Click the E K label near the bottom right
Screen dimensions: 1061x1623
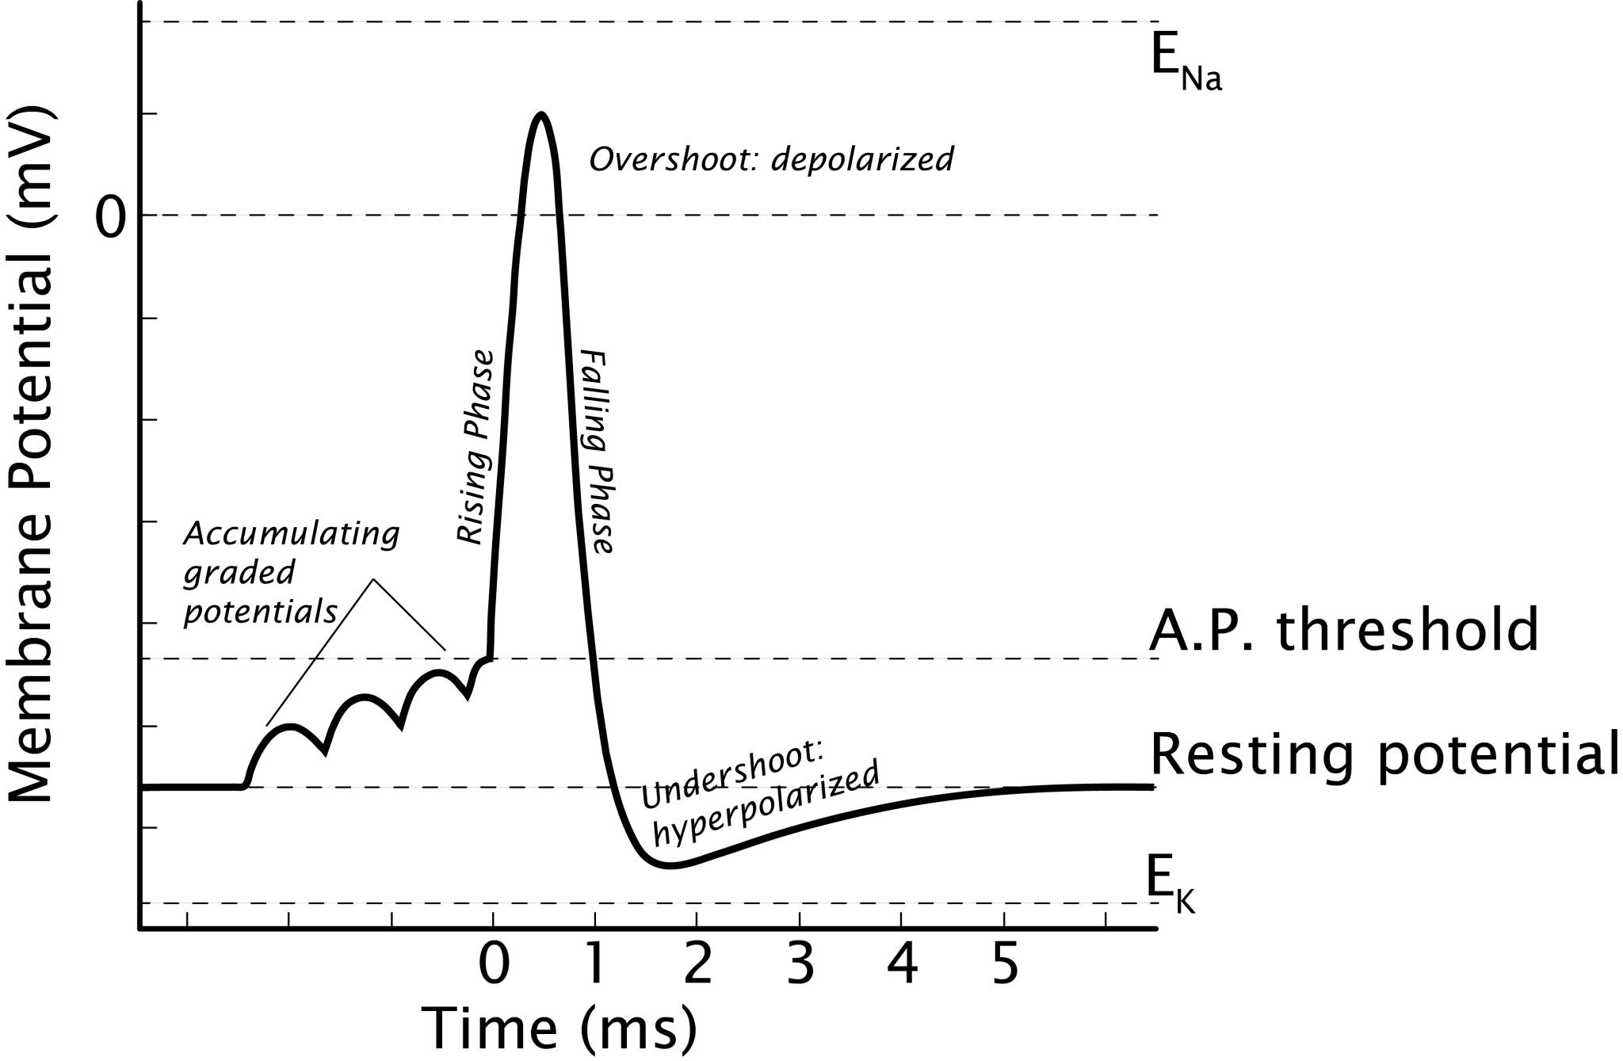coord(1169,886)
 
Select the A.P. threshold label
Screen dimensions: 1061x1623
coord(1343,630)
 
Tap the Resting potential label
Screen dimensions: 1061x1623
coord(1383,754)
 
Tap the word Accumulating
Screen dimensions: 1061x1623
coord(292,535)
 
